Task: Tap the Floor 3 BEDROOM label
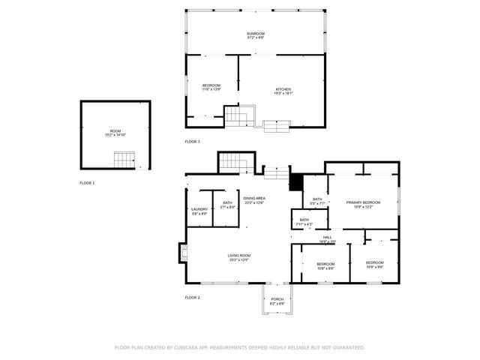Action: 211,88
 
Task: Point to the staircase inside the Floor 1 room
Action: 124,158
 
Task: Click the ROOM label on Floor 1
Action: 115,133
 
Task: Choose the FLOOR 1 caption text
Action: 88,182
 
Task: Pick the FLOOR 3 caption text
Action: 193,141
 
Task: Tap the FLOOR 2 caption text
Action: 193,297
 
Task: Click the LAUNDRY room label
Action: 199,211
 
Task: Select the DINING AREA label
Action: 254,199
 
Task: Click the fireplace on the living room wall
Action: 181,253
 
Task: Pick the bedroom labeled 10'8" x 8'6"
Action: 325,265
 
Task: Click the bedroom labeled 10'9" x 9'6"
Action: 375,265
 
